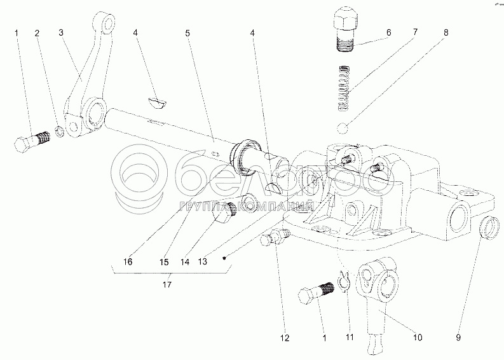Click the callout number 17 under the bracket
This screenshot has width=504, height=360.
tap(167, 284)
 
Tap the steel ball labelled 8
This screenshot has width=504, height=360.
tap(343, 128)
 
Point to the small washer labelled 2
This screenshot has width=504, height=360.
tap(60, 132)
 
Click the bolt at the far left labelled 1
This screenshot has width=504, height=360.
tap(32, 142)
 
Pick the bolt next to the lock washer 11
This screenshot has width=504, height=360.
tap(317, 292)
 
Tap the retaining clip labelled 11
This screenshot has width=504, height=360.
tap(344, 281)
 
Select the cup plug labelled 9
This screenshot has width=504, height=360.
tap(489, 228)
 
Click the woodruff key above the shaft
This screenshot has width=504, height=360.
tap(157, 104)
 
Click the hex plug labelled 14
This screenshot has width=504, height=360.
tap(224, 214)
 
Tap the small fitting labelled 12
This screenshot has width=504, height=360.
tap(276, 237)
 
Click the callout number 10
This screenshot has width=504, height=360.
tap(417, 337)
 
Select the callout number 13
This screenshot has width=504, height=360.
tap(203, 261)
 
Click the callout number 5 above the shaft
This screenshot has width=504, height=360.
tap(187, 33)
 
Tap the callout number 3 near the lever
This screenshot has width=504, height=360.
tap(61, 32)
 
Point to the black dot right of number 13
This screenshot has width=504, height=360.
tap(225, 258)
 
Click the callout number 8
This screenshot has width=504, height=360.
tap(446, 32)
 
